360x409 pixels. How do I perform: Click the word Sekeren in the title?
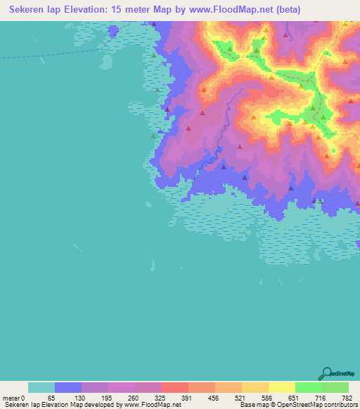(24, 10)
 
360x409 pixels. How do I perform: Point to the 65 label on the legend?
(51, 397)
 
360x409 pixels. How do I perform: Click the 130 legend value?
(79, 397)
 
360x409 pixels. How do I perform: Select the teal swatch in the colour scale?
(41, 387)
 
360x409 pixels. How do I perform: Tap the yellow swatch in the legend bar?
(282, 387)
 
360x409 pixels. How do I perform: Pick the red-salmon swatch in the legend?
(175, 387)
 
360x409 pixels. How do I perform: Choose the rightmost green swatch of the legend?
(335, 387)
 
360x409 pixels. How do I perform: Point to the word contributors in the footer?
(336, 405)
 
